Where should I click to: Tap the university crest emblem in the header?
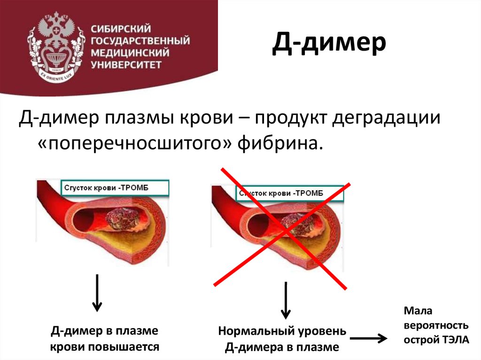tap(55, 46)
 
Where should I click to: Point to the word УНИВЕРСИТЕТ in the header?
tap(127, 63)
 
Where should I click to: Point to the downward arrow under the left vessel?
tap(97, 293)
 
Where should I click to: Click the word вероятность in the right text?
tap(436, 325)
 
